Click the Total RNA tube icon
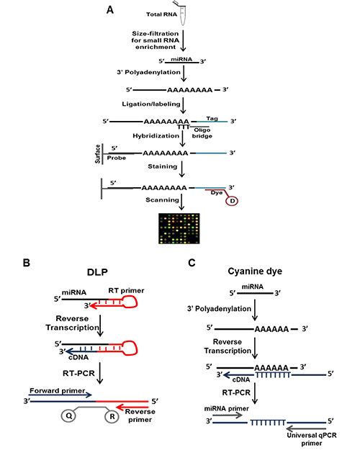183,13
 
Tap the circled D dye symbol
232,201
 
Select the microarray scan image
179,228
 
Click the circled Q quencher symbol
68,416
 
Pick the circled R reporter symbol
112,416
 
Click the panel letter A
109,10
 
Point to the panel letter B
26,263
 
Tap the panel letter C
192,263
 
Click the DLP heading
97,272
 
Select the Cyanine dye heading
255,271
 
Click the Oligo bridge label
202,133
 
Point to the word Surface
97,153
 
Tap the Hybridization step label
156,136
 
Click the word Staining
162,166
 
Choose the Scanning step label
162,200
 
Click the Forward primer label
57,390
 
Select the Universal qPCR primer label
312,439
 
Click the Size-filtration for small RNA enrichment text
155,40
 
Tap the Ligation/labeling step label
151,104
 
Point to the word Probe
116,158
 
